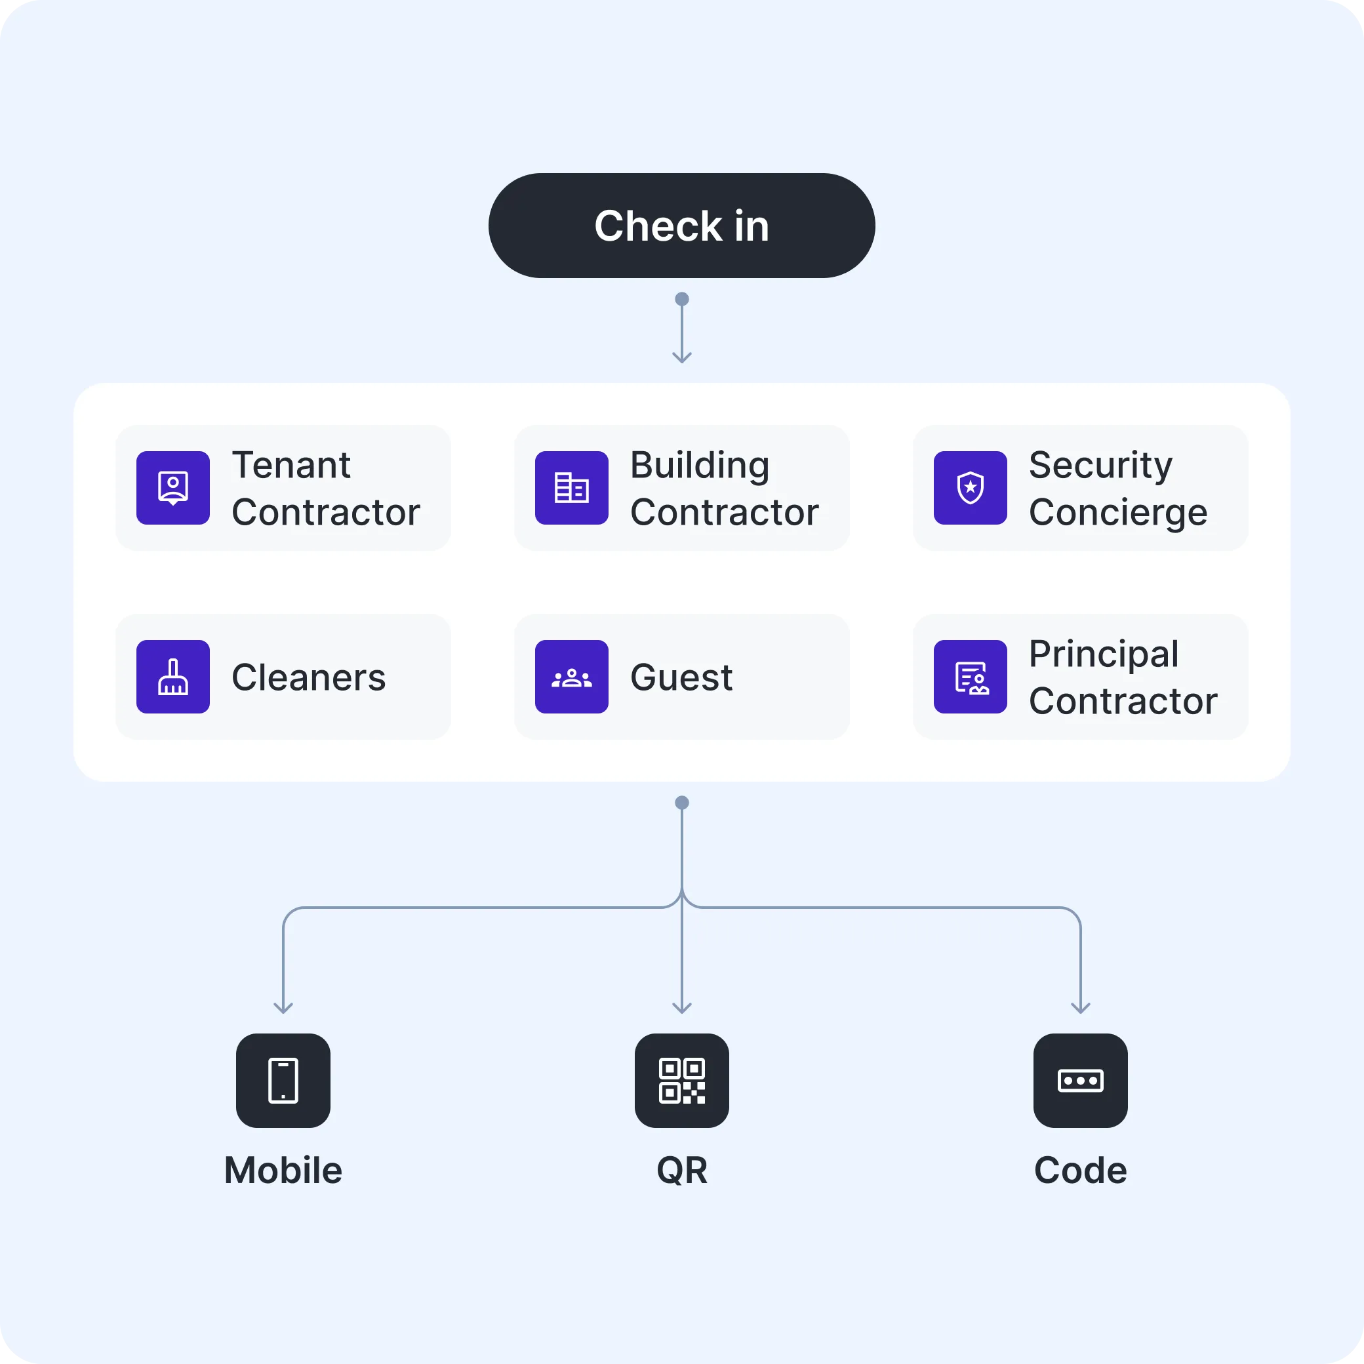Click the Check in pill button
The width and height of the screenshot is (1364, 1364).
tap(681, 225)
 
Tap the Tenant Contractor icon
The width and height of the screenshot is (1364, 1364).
tap(173, 488)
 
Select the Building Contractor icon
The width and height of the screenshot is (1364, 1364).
tap(571, 488)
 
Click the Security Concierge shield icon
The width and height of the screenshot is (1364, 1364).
tap(970, 488)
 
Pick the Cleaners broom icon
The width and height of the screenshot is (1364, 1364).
tap(173, 676)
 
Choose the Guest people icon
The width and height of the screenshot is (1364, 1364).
tap(571, 676)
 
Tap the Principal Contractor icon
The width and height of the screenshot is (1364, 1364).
tap(970, 676)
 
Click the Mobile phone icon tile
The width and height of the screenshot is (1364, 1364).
tap(283, 1080)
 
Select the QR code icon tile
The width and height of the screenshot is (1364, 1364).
tap(681, 1080)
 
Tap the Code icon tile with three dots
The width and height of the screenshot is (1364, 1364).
tap(1080, 1080)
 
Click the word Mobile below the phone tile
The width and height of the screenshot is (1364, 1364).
tap(283, 1171)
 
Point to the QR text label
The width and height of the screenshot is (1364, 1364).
tap(681, 1171)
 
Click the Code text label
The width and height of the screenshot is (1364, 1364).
tap(1080, 1171)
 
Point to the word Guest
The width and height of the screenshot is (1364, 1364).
tap(681, 677)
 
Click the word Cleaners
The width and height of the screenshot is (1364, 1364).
tap(308, 677)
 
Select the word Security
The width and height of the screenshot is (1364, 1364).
tap(1100, 464)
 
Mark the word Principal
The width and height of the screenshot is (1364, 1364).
tap(1104, 654)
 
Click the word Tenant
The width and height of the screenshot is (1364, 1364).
tap(291, 464)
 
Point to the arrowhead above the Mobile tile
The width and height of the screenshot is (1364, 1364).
tap(283, 1008)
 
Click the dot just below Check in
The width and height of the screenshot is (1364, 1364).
tap(681, 299)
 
